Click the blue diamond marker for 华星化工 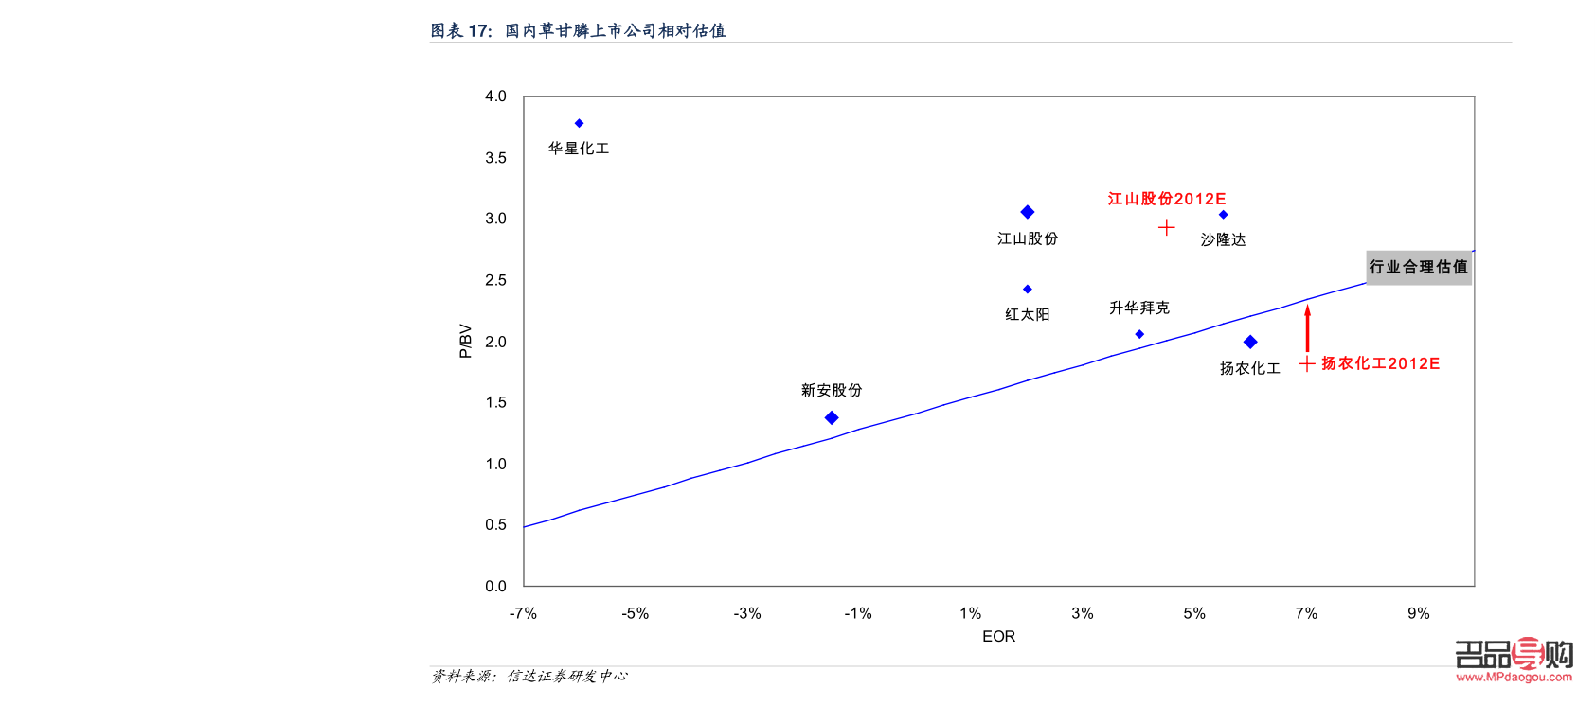point(579,123)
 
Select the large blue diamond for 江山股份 point(1027,212)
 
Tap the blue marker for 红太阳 point(1027,290)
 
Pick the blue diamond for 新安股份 point(832,417)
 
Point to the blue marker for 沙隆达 point(1223,215)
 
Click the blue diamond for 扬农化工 point(1250,342)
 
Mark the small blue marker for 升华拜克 point(1139,334)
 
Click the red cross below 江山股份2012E point(1166,227)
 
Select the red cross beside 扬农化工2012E point(1306,363)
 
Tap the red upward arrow point(1307,326)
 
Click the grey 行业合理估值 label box point(1418,267)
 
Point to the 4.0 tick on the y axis point(495,97)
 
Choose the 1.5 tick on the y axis point(495,402)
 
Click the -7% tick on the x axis point(523,613)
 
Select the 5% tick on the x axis point(1194,613)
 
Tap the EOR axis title point(998,636)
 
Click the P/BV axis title point(465,341)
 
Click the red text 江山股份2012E point(1167,199)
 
